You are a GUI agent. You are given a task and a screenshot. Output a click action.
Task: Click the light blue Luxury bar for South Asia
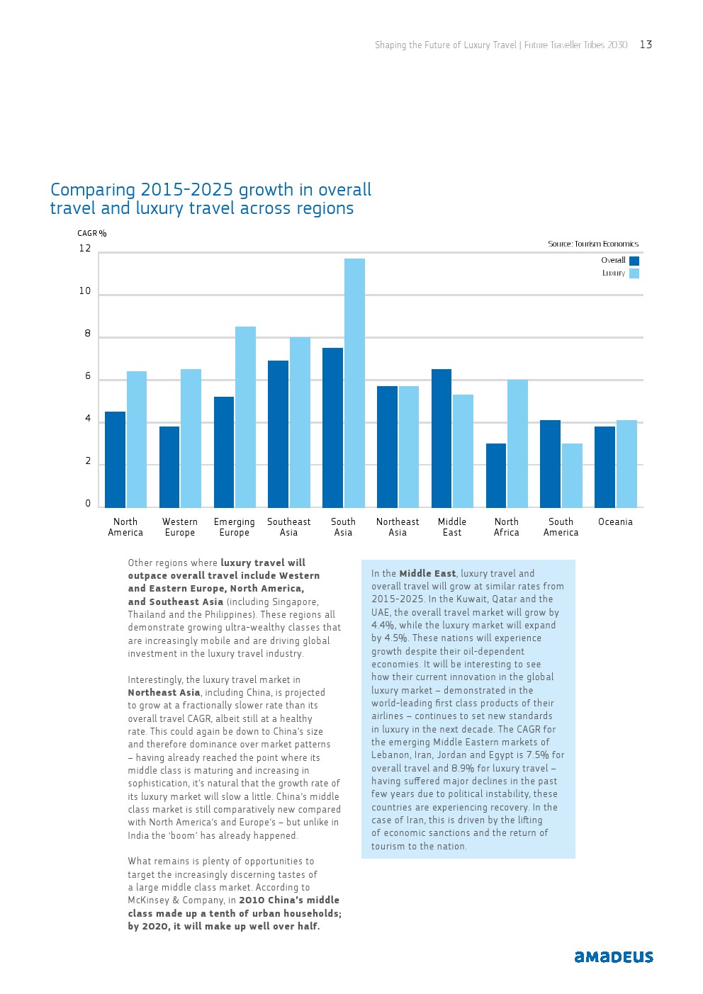[x=354, y=383]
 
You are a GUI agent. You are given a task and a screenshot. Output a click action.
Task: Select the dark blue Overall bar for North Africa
[x=496, y=475]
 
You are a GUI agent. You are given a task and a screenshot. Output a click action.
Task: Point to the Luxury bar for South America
[x=572, y=475]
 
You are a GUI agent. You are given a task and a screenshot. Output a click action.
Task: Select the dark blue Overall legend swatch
[x=634, y=261]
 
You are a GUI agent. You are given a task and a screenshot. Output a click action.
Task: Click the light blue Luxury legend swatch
[x=634, y=273]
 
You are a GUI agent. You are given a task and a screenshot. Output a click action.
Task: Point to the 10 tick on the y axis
[x=85, y=291]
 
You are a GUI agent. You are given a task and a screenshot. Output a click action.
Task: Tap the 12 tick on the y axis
[x=85, y=249]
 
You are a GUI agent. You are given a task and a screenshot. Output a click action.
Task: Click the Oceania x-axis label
[x=615, y=522]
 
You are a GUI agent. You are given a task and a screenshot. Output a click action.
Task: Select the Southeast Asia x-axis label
[x=288, y=527]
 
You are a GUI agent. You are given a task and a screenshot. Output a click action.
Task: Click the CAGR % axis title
[x=92, y=234]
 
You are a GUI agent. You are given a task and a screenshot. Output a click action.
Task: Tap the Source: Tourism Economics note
[x=593, y=244]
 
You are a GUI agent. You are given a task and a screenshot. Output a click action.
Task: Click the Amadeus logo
[x=614, y=957]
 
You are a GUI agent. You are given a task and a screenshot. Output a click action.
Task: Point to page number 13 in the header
[x=646, y=45]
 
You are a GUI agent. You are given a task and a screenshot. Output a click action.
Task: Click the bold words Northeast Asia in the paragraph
[x=164, y=693]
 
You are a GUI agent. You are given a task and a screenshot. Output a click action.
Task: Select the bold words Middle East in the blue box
[x=427, y=574]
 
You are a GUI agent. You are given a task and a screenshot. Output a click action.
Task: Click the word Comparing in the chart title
[x=93, y=190]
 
